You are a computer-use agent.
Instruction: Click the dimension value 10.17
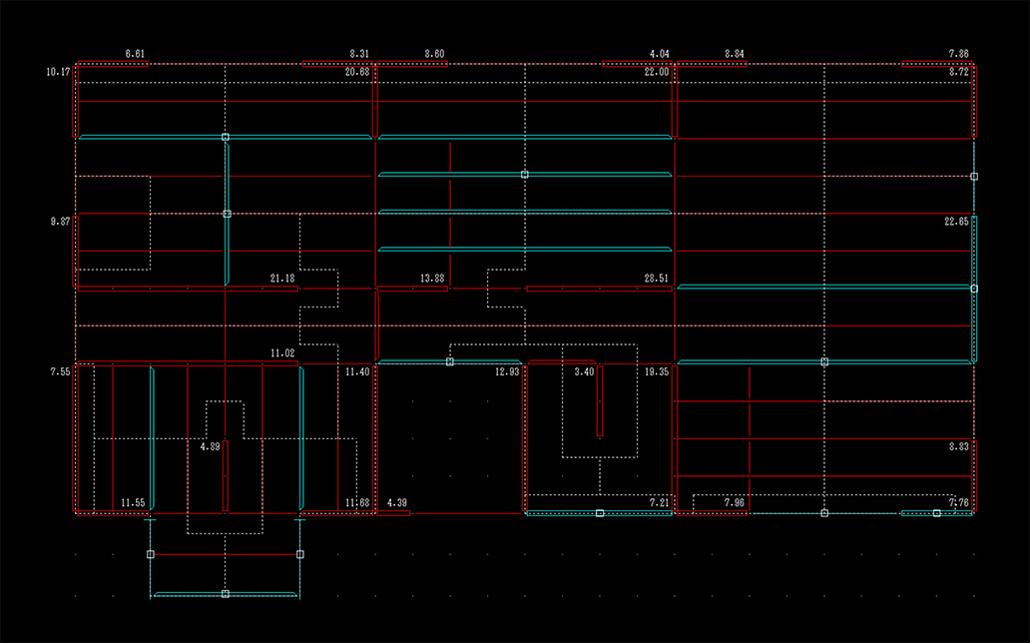58,72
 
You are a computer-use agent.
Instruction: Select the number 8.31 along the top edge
359,53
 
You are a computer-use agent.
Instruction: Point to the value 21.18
282,278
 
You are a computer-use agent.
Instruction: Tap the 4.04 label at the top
659,53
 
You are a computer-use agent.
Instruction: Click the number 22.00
657,72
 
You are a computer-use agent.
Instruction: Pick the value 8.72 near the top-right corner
958,72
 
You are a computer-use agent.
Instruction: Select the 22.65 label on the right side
956,222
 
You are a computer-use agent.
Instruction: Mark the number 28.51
657,278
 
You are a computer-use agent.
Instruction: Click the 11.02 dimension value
282,353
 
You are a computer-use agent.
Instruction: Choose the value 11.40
357,371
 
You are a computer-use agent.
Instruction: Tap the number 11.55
133,502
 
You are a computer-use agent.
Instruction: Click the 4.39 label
396,502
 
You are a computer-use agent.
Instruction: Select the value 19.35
657,371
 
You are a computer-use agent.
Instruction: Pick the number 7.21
659,502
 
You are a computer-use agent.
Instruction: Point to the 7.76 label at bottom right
958,502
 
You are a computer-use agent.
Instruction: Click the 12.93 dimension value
507,371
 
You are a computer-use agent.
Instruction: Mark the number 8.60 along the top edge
434,53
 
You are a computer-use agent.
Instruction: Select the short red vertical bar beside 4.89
226,475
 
